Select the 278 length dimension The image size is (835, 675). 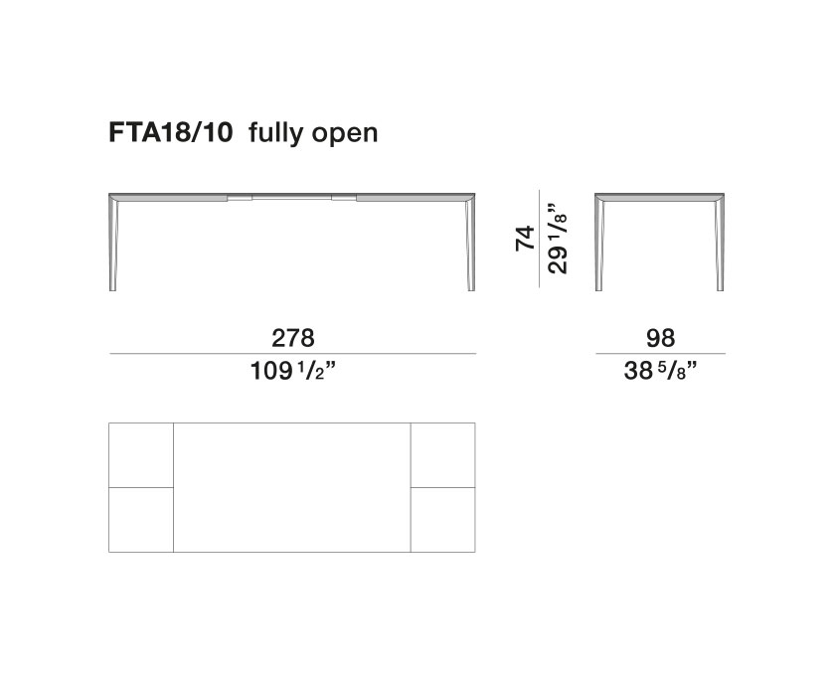[294, 338]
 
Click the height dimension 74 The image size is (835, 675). [527, 239]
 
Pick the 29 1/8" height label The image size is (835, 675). [560, 239]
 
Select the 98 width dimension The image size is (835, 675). [660, 338]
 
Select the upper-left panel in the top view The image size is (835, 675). [141, 454]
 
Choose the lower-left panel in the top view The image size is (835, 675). [141, 519]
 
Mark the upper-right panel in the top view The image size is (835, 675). [442, 454]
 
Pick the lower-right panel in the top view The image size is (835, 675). [442, 519]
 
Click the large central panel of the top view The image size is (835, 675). [292, 487]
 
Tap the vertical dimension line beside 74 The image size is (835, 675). [540, 239]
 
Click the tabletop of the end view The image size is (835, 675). [660, 194]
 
